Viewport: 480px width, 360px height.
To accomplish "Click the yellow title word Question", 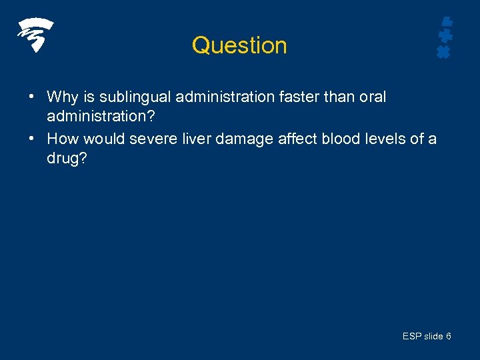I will (x=239, y=45).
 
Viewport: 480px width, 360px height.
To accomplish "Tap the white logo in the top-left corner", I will (x=35, y=35).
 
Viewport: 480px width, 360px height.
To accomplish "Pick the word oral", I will (x=372, y=97).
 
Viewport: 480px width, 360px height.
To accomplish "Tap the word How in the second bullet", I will (x=63, y=139).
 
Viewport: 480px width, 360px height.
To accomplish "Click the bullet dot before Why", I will (x=31, y=97).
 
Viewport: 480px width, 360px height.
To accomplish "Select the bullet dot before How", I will (x=31, y=139).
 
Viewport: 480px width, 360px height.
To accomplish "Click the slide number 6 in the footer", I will (x=448, y=337).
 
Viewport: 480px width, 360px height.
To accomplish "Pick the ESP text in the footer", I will (x=412, y=337).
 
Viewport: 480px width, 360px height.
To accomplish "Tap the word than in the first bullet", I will (x=340, y=97).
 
